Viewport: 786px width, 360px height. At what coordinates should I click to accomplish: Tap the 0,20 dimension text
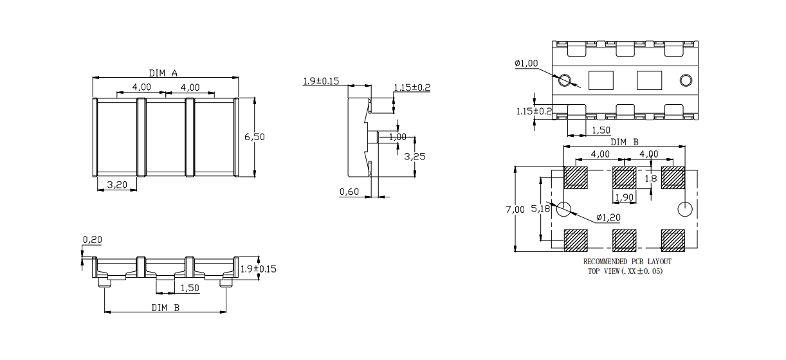click(92, 240)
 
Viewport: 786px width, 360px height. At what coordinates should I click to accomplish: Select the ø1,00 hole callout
click(526, 63)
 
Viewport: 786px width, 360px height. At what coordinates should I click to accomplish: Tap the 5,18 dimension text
click(542, 209)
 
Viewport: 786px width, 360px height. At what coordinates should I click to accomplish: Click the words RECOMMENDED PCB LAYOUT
click(627, 262)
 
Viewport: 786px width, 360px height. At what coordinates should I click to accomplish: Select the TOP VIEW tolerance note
click(625, 271)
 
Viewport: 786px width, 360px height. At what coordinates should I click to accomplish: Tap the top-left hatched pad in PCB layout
click(576, 177)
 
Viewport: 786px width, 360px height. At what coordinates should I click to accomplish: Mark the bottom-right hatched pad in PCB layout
click(673, 240)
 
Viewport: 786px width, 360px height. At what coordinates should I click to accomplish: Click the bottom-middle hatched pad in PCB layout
click(624, 240)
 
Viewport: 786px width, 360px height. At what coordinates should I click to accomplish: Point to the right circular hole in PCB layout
click(685, 209)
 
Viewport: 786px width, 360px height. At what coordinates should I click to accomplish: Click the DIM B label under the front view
click(165, 307)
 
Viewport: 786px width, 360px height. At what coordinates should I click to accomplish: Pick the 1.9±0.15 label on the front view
click(259, 269)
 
